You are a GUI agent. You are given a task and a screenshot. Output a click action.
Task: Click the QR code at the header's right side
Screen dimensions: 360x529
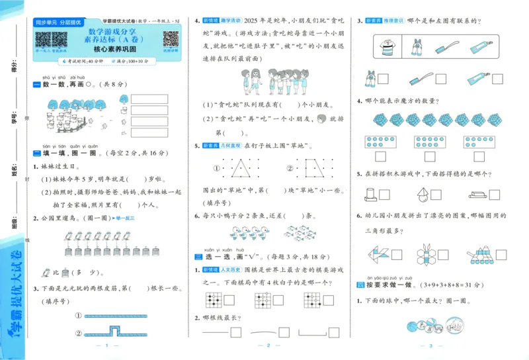[171, 39]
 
